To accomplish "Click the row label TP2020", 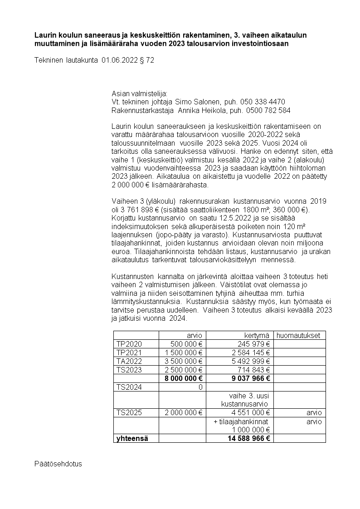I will (x=129, y=344).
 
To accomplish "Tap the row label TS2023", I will (x=129, y=370).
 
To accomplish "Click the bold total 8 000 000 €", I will (x=180, y=378).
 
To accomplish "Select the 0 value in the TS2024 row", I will (x=199, y=387).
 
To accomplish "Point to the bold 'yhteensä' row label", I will (x=132, y=438).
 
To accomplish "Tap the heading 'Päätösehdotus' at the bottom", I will (x=58, y=464).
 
